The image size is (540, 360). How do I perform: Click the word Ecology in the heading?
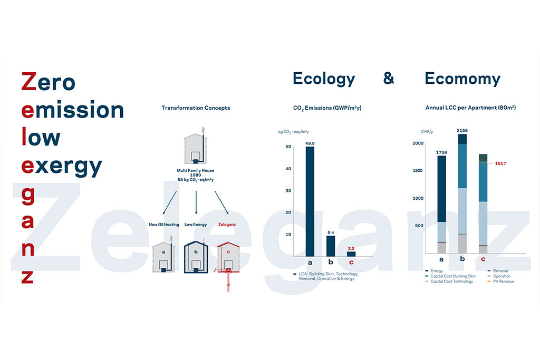(x=324, y=79)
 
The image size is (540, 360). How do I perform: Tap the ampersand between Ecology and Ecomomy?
(x=389, y=78)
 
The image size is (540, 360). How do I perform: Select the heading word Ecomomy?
(x=462, y=79)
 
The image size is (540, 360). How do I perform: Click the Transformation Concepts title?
(x=196, y=108)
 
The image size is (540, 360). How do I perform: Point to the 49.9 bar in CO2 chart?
(x=310, y=201)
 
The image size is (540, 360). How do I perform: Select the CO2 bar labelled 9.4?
(x=331, y=246)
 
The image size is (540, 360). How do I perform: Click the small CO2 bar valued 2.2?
(x=351, y=254)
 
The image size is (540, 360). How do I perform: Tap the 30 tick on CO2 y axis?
(x=288, y=190)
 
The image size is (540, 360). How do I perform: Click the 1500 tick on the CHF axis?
(x=418, y=170)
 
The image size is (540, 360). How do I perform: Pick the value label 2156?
(x=462, y=130)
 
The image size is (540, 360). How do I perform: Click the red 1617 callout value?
(x=500, y=163)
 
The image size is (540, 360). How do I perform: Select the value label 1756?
(x=441, y=152)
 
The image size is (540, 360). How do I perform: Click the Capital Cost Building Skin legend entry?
(x=450, y=276)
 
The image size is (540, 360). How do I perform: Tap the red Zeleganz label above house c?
(x=227, y=225)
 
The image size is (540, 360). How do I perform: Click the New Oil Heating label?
(x=164, y=225)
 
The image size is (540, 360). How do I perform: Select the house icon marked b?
(x=196, y=257)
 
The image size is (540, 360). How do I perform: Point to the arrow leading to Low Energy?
(x=196, y=202)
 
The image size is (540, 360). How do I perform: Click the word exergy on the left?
(x=62, y=167)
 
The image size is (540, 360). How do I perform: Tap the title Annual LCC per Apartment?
(x=470, y=108)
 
